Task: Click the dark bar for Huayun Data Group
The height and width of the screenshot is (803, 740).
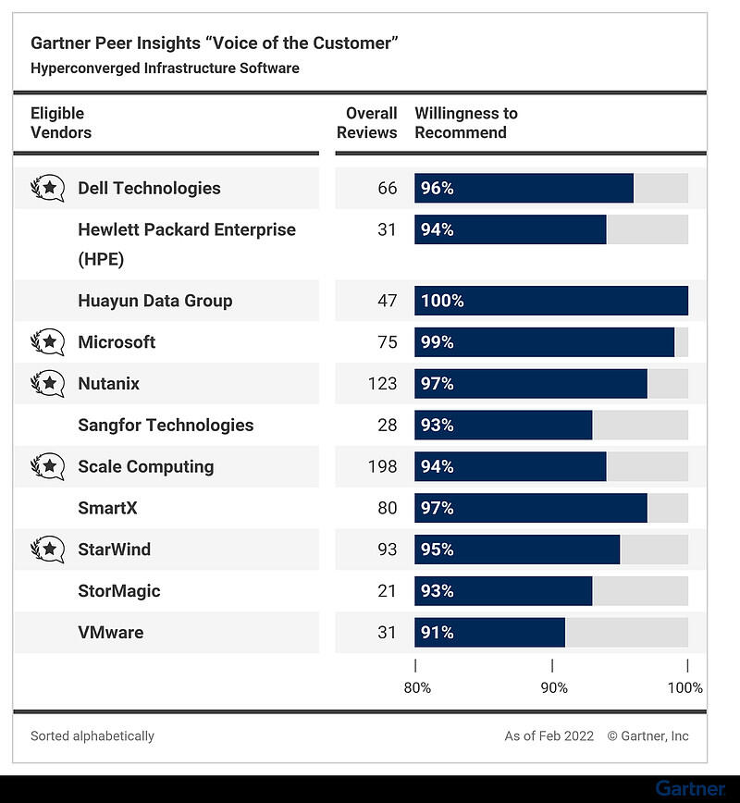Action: tap(551, 301)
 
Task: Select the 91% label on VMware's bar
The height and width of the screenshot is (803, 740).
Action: tap(437, 633)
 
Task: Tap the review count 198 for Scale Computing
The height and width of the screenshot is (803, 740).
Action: tap(382, 466)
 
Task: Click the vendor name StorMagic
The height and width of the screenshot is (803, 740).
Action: tap(118, 591)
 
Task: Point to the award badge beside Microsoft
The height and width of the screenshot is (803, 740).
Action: tap(47, 342)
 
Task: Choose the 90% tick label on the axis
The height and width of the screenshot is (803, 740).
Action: tap(554, 687)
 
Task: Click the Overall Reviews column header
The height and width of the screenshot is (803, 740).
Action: tap(367, 123)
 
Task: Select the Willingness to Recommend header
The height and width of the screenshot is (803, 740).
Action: tap(466, 123)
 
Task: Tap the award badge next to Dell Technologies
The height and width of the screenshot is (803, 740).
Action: tap(47, 188)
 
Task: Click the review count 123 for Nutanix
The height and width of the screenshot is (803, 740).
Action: tap(382, 384)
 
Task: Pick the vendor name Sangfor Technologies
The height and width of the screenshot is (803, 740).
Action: tap(166, 426)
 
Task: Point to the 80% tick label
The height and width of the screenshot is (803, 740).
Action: tap(417, 687)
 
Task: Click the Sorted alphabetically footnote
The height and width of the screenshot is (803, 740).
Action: tap(92, 736)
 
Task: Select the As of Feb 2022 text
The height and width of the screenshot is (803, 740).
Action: tap(548, 736)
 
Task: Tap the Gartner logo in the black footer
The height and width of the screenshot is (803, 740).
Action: tap(690, 788)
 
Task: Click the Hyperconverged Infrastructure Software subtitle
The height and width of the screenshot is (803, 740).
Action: tap(165, 68)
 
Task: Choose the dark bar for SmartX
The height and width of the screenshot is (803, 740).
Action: tap(531, 508)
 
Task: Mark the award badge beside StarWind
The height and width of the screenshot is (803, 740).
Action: tap(47, 550)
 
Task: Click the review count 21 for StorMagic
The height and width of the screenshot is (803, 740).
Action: tap(387, 591)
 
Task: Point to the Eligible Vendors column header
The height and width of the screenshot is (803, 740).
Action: tap(61, 123)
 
